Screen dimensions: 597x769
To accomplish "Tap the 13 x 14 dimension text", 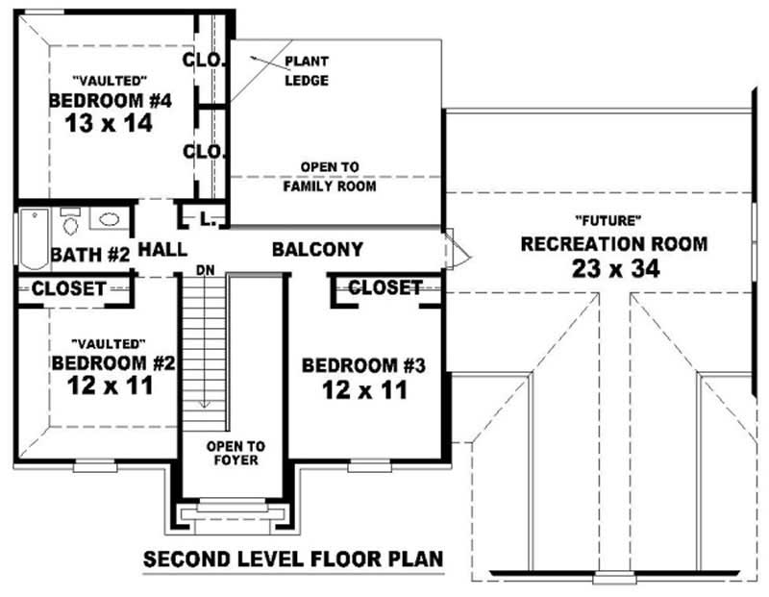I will (111, 123).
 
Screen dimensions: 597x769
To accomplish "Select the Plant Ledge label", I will (307, 71).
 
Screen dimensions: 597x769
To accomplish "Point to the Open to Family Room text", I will (329, 177).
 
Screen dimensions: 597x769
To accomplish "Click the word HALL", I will (162, 250).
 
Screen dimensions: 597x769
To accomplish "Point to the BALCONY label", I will (317, 250).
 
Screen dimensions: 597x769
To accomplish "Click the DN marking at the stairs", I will (205, 270).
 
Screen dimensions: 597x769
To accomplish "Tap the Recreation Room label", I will (613, 244).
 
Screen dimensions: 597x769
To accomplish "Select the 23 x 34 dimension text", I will (613, 269).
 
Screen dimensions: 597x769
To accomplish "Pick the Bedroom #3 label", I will (363, 365).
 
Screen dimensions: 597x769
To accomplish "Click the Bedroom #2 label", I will (112, 363).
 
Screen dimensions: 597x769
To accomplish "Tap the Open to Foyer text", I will (236, 455).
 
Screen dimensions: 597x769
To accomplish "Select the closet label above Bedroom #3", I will (384, 287).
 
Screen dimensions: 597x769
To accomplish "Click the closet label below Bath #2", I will (69, 287).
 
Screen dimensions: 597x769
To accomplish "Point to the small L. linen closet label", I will (207, 220).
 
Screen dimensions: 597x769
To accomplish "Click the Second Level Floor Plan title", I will (293, 559).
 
